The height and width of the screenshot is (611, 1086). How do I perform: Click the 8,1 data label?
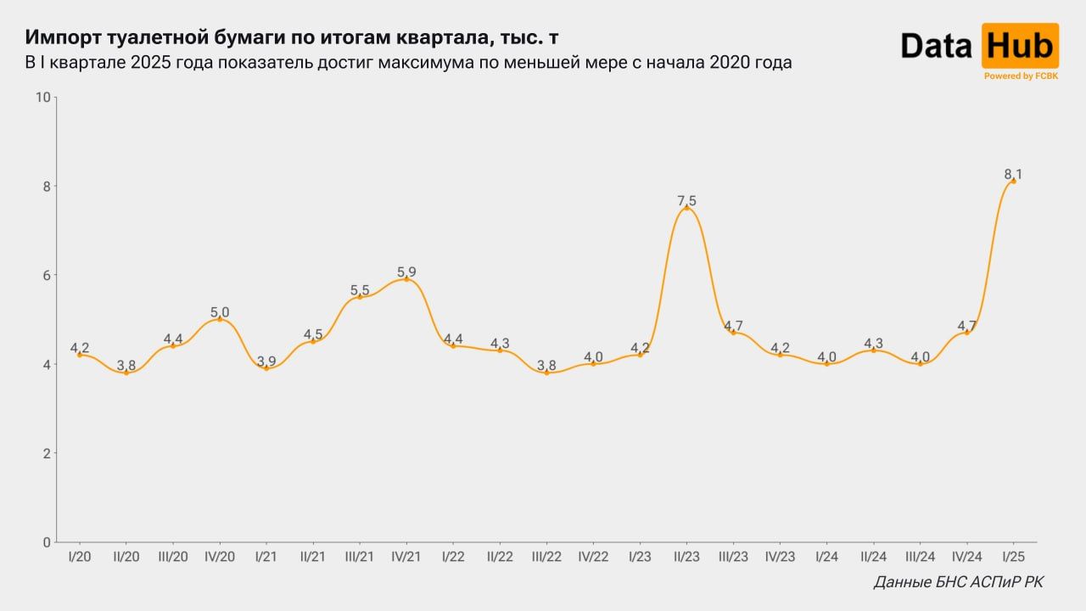1013,173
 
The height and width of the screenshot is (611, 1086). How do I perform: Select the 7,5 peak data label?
686,200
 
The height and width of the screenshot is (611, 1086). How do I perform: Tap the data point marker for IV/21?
406,278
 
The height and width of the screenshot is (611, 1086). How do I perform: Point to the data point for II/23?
686,207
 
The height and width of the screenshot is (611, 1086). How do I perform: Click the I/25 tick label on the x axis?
1013,557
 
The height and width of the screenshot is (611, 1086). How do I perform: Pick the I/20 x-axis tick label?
80,557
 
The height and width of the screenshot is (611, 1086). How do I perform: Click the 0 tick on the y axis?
46,541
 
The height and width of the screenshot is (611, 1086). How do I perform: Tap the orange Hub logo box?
1020,46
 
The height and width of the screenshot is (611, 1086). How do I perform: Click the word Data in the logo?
937,46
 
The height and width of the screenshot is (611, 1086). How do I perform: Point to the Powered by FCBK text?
1021,76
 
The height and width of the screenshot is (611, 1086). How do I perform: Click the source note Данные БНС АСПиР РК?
959,583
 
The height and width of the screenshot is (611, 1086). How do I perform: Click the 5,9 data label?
406,272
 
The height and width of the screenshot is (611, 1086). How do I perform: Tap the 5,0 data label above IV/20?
220,311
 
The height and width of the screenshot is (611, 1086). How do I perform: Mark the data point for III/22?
546,373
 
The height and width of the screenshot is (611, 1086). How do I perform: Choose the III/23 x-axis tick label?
733,557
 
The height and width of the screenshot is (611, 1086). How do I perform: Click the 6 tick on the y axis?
46,275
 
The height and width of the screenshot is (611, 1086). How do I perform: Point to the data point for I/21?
266,368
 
